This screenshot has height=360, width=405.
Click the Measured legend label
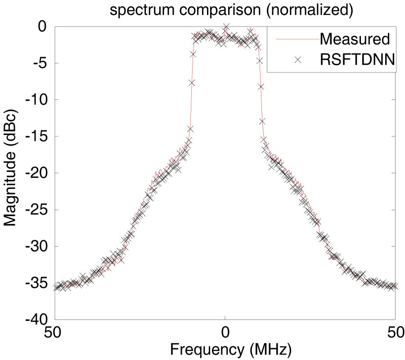[x=355, y=39]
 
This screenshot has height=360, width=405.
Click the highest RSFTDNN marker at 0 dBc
[x=226, y=27]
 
